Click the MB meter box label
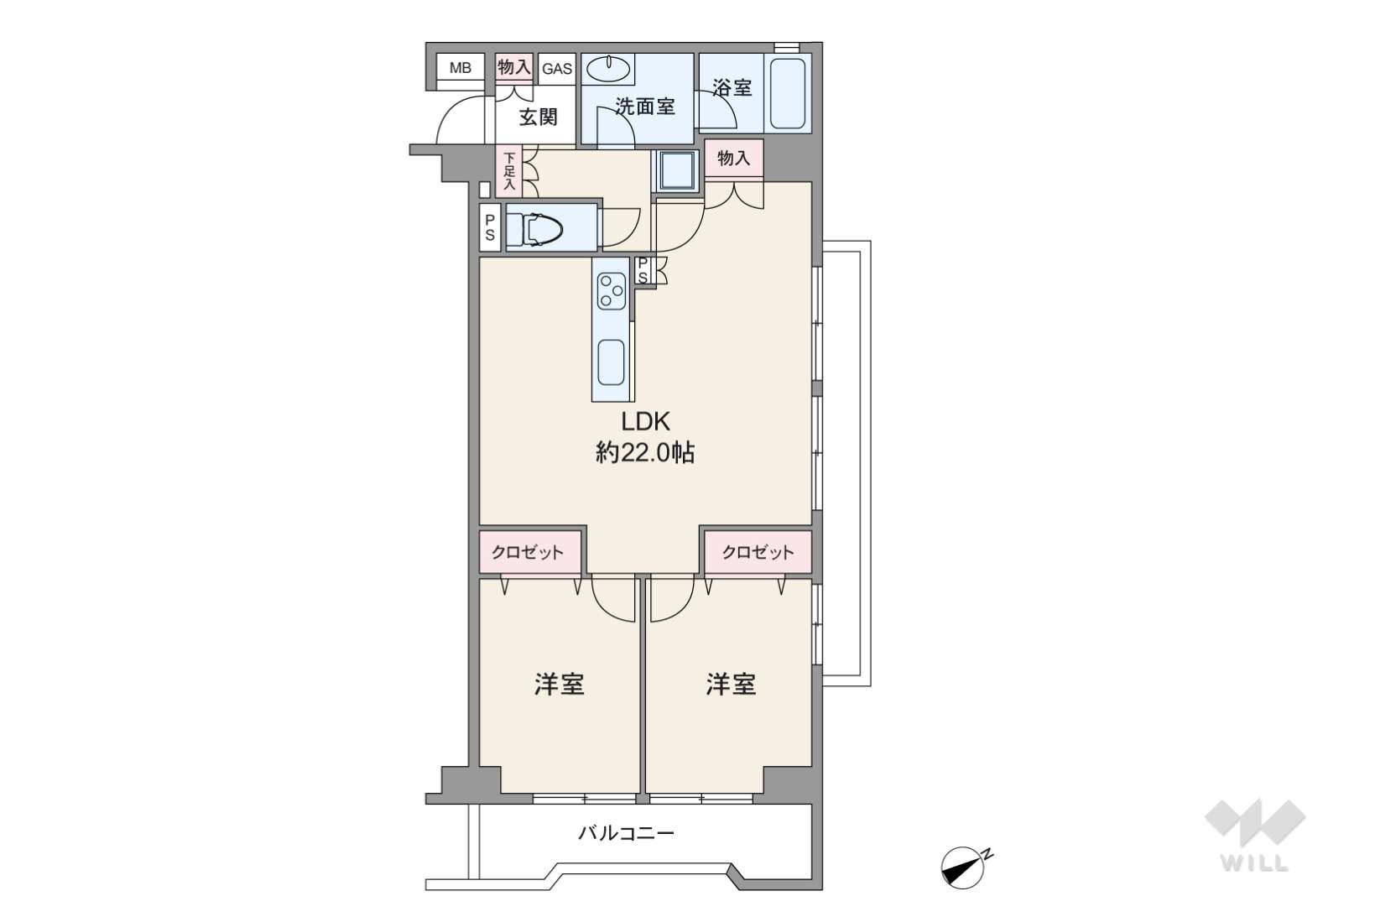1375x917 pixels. (x=460, y=67)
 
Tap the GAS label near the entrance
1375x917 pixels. (x=557, y=69)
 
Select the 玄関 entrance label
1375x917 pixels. (x=538, y=117)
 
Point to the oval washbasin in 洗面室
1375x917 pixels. (x=607, y=69)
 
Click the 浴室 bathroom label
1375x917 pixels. (x=732, y=87)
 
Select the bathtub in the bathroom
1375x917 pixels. (x=788, y=93)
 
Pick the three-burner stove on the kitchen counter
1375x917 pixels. (x=612, y=290)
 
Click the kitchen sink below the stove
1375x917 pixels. (x=611, y=362)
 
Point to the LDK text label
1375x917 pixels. (x=645, y=422)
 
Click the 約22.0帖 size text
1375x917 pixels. (x=645, y=453)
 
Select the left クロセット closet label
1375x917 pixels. (x=528, y=552)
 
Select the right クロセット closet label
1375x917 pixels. (x=758, y=552)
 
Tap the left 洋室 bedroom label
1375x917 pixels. (x=559, y=685)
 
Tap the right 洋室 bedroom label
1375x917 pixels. (x=731, y=685)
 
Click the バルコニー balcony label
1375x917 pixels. (x=626, y=833)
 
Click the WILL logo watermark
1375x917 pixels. (x=1255, y=836)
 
